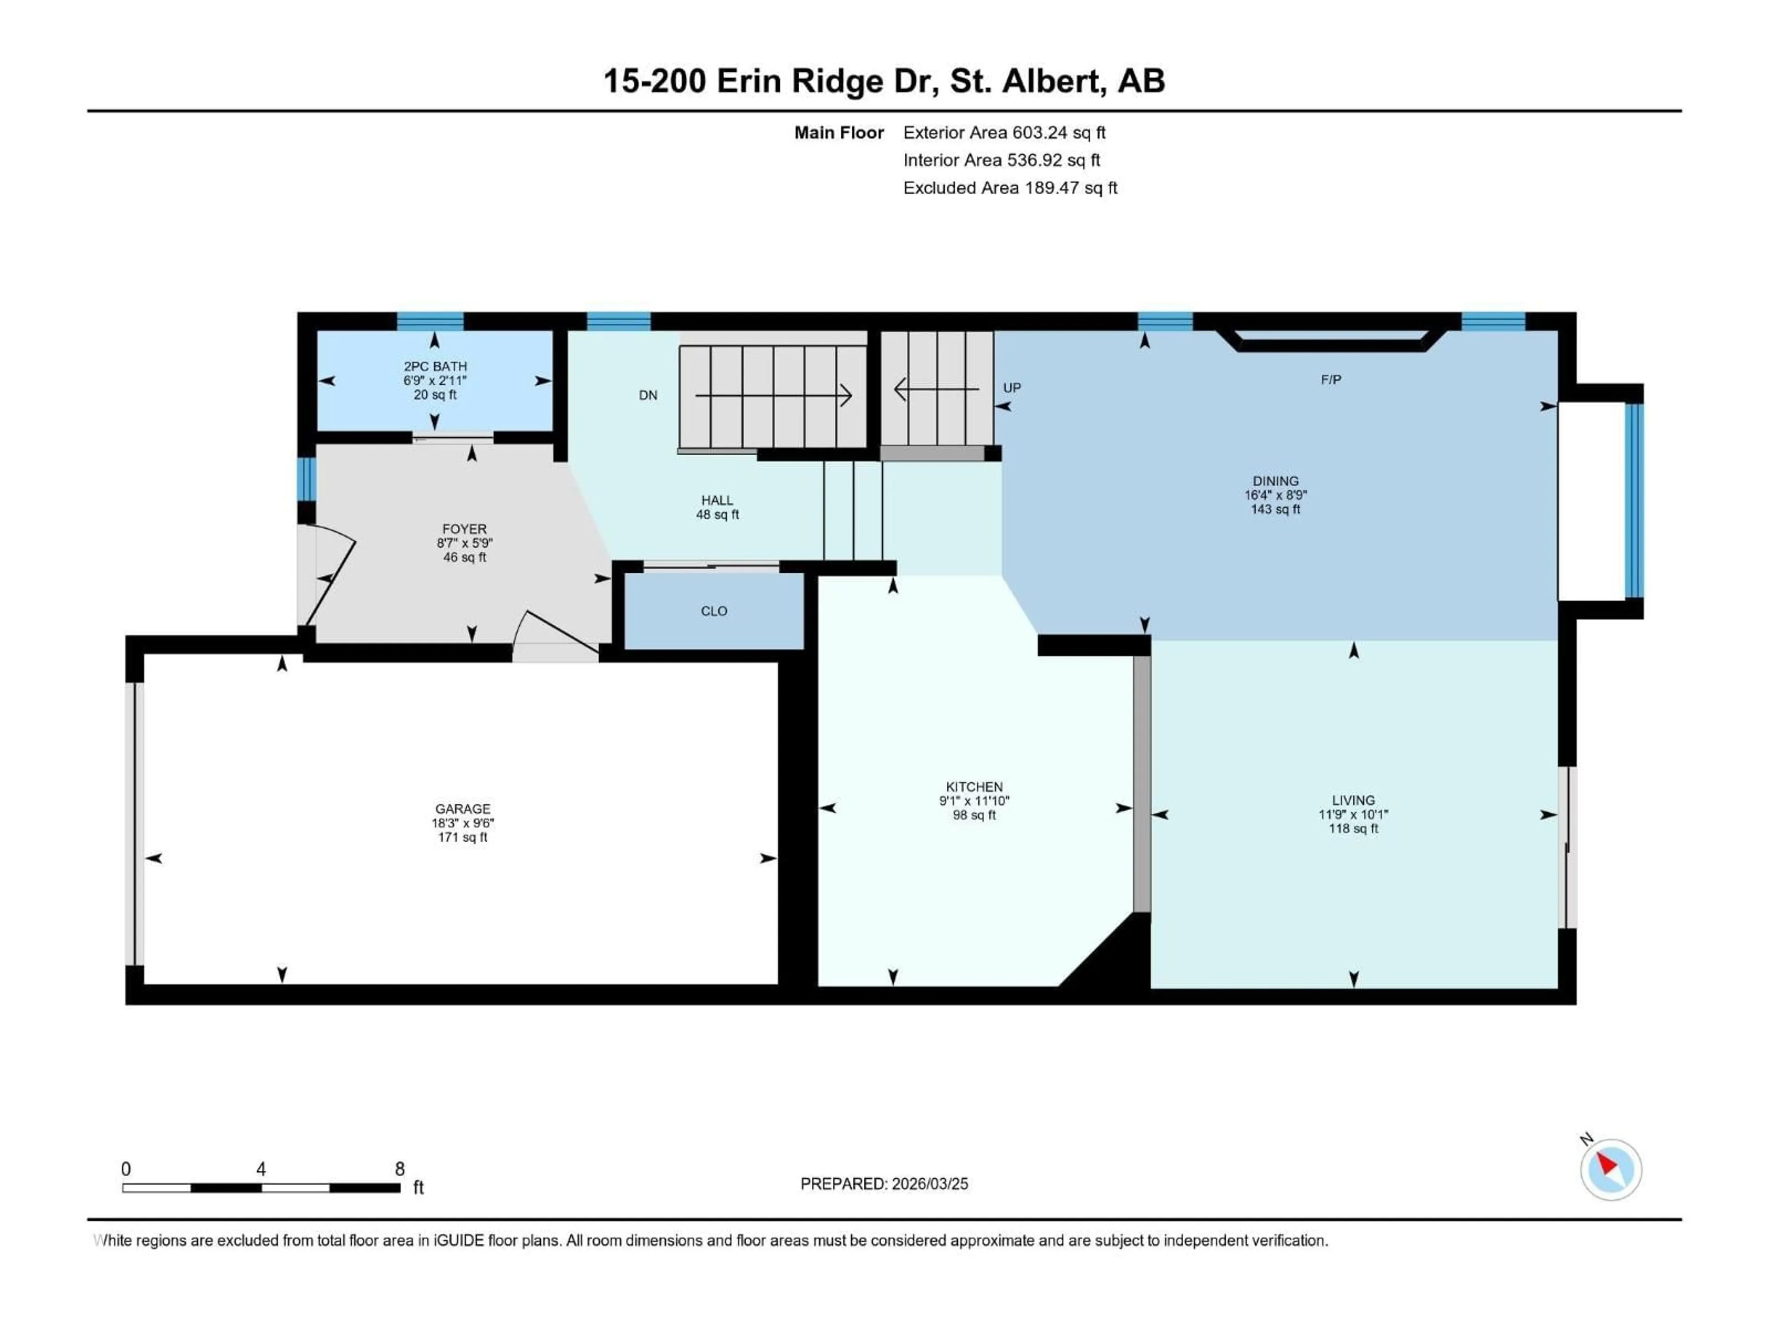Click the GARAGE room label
462,823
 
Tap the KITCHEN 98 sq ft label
974,801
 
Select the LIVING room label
1353,814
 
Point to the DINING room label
1275,494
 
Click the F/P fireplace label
1331,380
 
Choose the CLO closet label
714,611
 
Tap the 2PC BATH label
435,380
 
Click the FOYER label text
464,542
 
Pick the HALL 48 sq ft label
717,507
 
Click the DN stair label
648,395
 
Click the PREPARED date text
884,1184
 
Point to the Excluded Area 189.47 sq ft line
1010,188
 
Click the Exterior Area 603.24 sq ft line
1004,133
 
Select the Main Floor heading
838,133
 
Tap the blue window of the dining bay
1634,501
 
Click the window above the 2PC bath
431,322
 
